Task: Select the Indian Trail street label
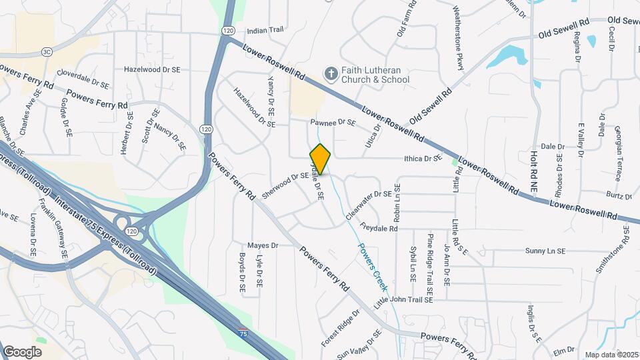(265, 31)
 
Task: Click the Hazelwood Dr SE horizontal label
(152, 69)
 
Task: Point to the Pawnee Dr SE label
(333, 123)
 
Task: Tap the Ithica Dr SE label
(423, 159)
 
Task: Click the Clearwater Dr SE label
(369, 199)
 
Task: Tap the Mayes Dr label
(261, 245)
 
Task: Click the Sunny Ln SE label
(545, 251)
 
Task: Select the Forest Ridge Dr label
(340, 327)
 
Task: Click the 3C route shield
(47, 51)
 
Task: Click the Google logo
(23, 351)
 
